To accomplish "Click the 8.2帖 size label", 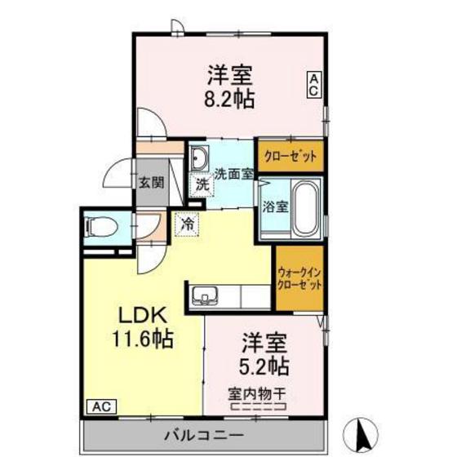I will pyautogui.click(x=229, y=100).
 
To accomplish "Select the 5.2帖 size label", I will pyautogui.click(x=264, y=362).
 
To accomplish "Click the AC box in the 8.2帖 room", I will pyautogui.click(x=313, y=86).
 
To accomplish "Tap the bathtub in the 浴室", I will pyautogui.click(x=306, y=208).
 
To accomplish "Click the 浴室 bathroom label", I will pyautogui.click(x=275, y=206).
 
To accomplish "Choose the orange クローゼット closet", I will pyautogui.click(x=291, y=156).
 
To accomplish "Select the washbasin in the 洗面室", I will pyautogui.click(x=200, y=158).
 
